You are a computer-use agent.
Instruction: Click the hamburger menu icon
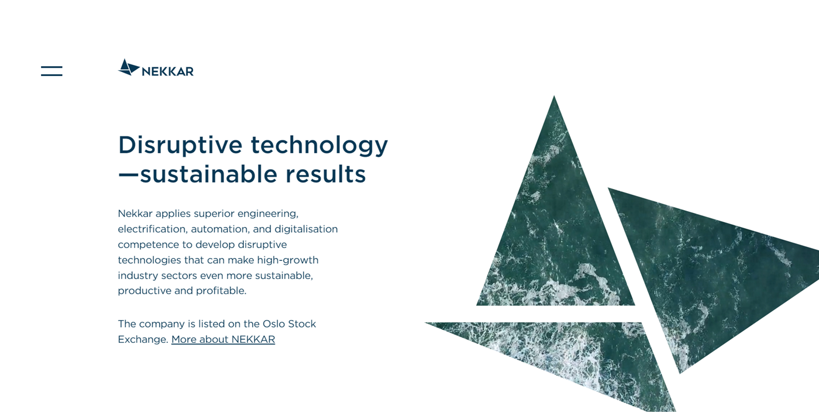[51, 71]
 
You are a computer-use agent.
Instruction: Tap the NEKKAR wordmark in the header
[167, 71]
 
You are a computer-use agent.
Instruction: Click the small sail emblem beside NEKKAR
[129, 67]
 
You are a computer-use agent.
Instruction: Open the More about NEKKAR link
[223, 339]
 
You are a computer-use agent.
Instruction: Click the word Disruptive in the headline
[180, 146]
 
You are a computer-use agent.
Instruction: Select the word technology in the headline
[319, 146]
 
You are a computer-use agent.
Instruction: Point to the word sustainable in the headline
[209, 174]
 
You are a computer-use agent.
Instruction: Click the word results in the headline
[325, 174]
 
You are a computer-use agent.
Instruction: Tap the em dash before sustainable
[128, 175]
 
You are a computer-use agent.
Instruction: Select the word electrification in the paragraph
[153, 229]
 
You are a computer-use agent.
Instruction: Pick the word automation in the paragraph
[220, 229]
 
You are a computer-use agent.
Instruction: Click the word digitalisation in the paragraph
[306, 229]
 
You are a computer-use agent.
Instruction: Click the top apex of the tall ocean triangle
[554, 96]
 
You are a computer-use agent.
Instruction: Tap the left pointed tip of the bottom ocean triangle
[426, 323]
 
